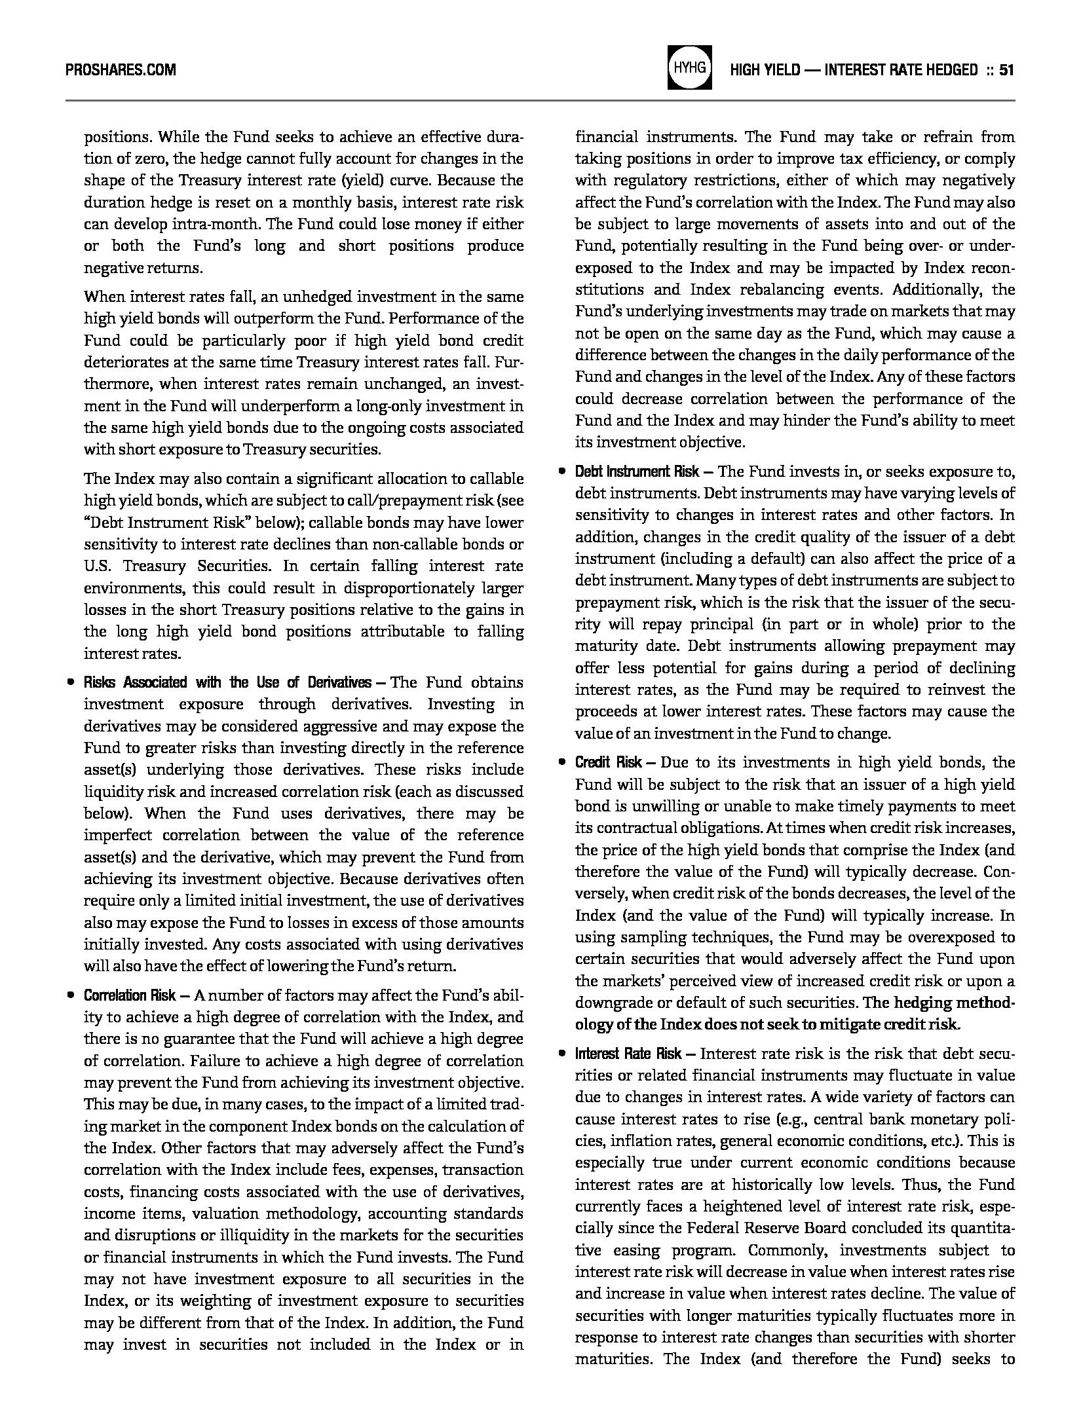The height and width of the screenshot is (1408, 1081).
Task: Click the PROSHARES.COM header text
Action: pos(121,69)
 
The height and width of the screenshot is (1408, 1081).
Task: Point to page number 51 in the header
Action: pos(1007,69)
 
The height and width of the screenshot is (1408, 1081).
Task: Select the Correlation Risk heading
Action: pos(130,995)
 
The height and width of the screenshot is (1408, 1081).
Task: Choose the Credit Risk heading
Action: pos(609,762)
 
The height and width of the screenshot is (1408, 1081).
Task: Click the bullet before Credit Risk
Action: pos(561,763)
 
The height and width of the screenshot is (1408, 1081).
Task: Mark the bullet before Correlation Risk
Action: pos(70,996)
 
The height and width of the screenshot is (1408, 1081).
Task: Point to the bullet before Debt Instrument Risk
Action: pos(561,472)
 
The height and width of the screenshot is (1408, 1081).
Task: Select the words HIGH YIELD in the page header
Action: pos(765,69)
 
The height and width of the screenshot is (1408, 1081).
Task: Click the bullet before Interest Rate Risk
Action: pos(561,1054)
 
